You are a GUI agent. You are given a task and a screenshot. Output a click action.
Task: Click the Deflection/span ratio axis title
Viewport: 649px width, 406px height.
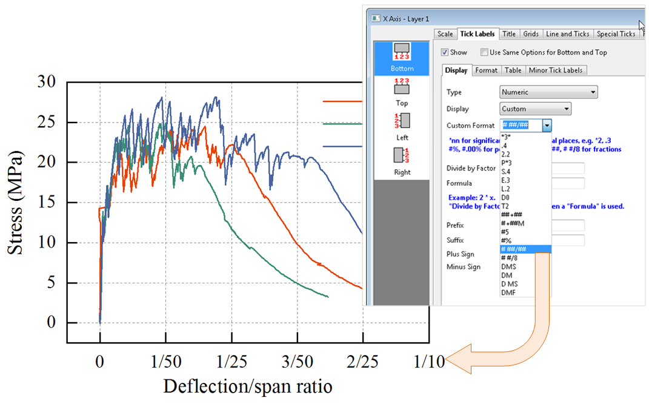coord(247,386)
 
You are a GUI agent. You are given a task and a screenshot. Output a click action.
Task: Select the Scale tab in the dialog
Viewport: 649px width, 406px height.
coord(445,34)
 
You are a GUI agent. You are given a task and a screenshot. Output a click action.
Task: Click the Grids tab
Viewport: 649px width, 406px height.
coord(530,34)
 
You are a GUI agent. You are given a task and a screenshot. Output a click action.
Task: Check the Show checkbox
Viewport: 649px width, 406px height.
coord(445,52)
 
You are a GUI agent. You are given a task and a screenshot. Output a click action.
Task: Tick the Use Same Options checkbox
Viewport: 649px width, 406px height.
coord(484,52)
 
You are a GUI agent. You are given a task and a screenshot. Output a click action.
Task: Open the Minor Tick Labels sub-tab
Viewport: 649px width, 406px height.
coord(556,70)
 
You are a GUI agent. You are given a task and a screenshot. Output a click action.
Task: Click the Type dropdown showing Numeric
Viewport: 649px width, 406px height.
coord(548,92)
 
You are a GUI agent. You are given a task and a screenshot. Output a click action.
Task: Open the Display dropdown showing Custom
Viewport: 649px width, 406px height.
coord(535,109)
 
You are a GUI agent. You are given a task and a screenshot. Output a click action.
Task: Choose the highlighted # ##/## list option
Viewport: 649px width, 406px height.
coord(525,249)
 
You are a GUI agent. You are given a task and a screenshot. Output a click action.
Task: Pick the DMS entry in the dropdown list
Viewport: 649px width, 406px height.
coord(508,266)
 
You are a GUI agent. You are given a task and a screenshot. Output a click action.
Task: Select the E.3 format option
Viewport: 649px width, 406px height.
coord(506,180)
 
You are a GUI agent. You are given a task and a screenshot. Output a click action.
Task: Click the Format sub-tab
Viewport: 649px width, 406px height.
coord(486,70)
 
